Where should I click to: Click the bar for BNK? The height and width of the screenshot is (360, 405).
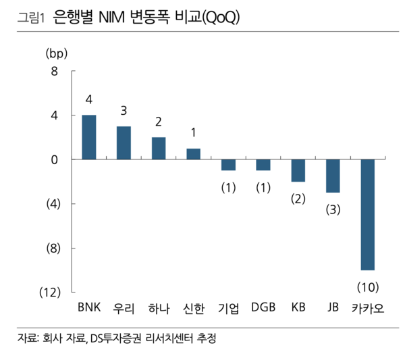point(88,137)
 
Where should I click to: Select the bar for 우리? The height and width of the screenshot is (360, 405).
point(124,143)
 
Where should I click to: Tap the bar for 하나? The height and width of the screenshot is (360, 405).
point(159,148)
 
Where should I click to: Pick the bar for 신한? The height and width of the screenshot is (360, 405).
point(193,154)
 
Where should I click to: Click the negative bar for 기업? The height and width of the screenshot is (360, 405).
point(228,165)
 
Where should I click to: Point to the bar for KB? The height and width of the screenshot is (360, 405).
point(298,170)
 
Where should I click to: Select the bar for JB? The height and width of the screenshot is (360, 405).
point(333,176)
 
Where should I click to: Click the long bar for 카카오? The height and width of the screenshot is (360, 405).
point(367,215)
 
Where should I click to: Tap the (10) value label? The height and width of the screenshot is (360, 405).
point(368,288)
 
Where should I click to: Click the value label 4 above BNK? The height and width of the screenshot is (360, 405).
point(88,100)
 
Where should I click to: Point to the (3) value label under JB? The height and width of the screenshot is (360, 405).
point(333,210)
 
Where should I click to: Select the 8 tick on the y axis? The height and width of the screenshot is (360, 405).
point(54,72)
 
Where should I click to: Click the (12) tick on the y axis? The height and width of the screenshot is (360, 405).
point(49,292)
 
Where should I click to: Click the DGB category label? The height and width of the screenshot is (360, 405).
point(263,308)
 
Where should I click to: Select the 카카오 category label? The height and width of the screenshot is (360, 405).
point(368,309)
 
